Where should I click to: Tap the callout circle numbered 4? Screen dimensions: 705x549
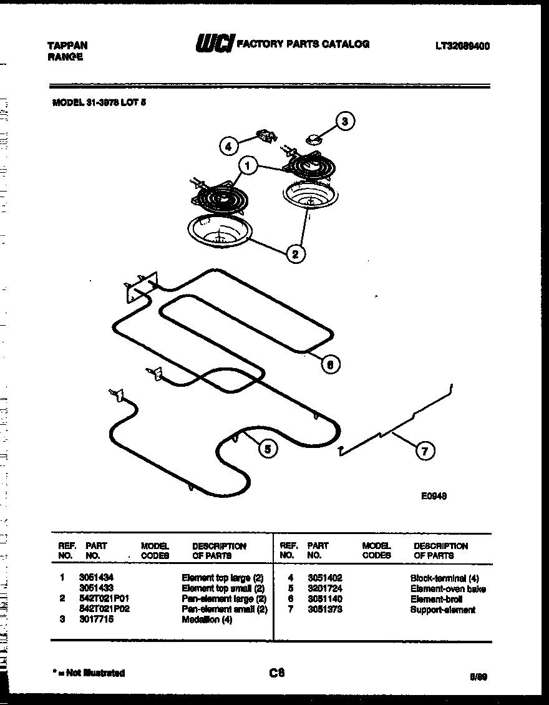pyautogui.click(x=228, y=147)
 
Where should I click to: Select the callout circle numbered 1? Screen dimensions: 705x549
pyautogui.click(x=248, y=167)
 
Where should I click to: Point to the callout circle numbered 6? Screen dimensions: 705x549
pyautogui.click(x=330, y=364)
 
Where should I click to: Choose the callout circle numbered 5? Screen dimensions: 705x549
pyautogui.click(x=268, y=447)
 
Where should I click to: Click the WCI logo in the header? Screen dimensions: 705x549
pyautogui.click(x=215, y=44)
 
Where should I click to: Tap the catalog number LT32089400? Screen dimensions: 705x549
pyautogui.click(x=462, y=46)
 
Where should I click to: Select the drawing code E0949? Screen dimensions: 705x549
pyautogui.click(x=434, y=497)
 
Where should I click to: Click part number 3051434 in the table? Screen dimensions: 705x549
pyautogui.click(x=96, y=578)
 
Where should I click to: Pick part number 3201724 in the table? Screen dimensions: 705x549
pyautogui.click(x=325, y=589)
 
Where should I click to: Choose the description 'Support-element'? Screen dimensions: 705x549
pyautogui.click(x=442, y=610)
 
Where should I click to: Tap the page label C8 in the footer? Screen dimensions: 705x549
pyautogui.click(x=277, y=672)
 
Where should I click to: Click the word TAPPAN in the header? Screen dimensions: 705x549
pyautogui.click(x=67, y=46)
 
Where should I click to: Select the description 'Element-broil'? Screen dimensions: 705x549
pyautogui.click(x=436, y=599)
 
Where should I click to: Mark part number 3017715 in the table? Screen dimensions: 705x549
pyautogui.click(x=96, y=620)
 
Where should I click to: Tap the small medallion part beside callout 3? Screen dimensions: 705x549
pyautogui.click(x=313, y=139)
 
